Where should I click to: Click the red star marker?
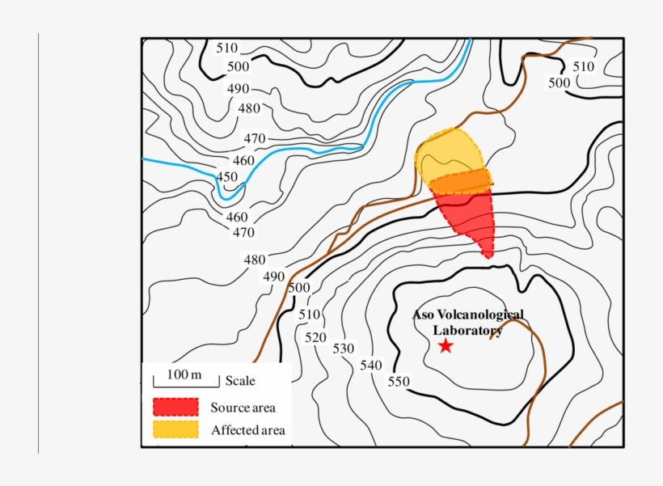tap(446, 346)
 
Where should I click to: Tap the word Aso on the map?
tap(425, 315)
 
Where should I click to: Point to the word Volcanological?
tap(481, 315)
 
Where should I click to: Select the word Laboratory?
tap(467, 330)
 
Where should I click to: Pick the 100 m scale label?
tap(184, 374)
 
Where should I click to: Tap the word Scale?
tap(240, 381)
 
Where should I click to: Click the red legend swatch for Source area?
tap(175, 407)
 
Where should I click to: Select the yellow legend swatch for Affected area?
tap(175, 429)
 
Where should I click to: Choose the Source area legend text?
tap(243, 408)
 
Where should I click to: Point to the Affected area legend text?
tap(248, 430)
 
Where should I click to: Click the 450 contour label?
tap(227, 177)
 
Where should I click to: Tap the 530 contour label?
tap(344, 349)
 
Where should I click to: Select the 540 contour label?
tap(370, 366)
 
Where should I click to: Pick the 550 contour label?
tap(399, 382)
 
